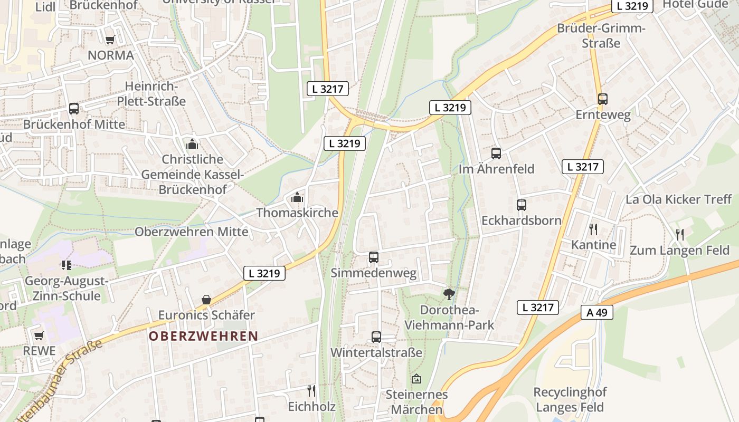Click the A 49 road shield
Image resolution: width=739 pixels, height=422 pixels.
point(597,312)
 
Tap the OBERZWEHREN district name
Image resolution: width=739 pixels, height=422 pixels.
point(204,336)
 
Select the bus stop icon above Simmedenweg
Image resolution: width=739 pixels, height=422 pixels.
point(374,257)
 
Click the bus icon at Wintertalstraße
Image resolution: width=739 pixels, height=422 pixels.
point(376,337)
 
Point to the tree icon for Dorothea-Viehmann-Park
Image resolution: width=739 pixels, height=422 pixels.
point(449,294)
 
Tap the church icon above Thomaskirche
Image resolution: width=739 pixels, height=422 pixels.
point(297,198)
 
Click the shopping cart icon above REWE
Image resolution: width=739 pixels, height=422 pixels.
point(39,335)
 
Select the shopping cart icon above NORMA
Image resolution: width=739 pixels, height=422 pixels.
point(110,40)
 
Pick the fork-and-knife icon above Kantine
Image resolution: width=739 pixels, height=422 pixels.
point(593,229)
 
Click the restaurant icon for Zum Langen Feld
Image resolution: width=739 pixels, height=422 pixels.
point(680,234)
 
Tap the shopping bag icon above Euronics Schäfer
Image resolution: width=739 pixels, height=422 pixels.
point(206,300)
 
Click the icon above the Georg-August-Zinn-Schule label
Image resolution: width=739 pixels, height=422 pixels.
point(66,265)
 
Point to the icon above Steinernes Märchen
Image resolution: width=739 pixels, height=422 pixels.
point(416,379)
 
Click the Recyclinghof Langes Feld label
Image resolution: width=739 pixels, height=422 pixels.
point(570,400)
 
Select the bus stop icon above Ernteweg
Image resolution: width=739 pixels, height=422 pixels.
point(603,99)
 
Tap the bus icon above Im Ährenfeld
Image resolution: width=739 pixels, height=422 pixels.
point(496,154)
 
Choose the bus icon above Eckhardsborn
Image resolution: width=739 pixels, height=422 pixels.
point(522,205)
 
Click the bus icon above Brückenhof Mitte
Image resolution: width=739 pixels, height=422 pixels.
point(74,109)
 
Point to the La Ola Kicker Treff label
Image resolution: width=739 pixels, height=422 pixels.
point(679,199)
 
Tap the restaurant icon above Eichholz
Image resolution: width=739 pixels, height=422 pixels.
point(311,390)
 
